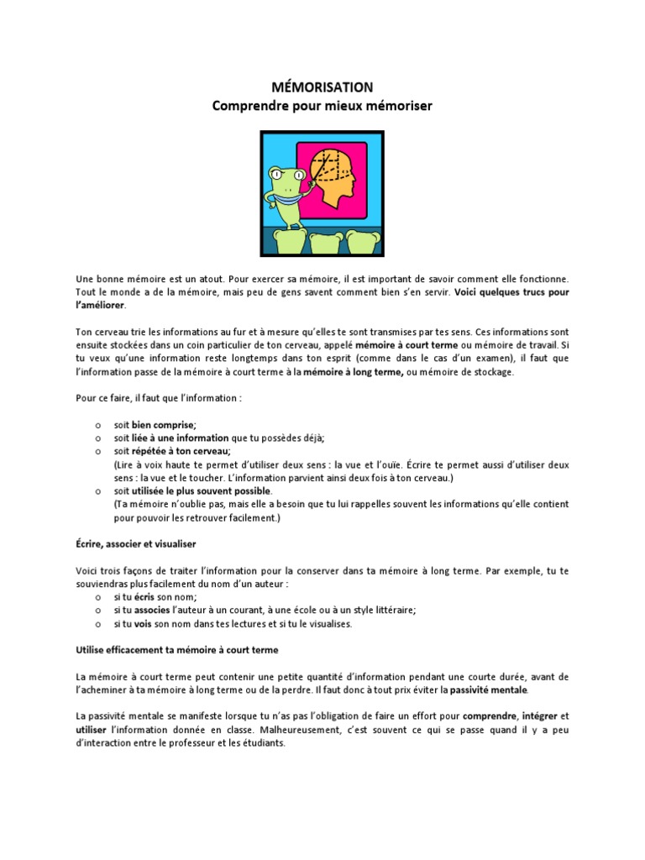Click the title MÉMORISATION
pos(322,87)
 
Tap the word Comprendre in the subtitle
pos(254,106)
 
